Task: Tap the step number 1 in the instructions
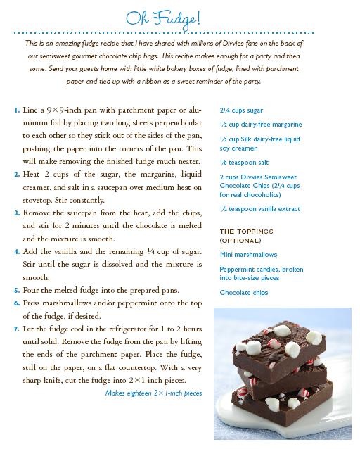pos(15,111)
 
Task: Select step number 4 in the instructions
pos(15,251)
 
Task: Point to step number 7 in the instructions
pos(15,329)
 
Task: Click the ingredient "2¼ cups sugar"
pos(241,110)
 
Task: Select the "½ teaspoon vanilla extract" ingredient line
pos(259,209)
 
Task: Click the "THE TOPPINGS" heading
pos(246,232)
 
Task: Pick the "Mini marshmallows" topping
pos(248,255)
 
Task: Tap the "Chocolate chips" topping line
pos(243,293)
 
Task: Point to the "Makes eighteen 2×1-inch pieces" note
pos(153,393)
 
